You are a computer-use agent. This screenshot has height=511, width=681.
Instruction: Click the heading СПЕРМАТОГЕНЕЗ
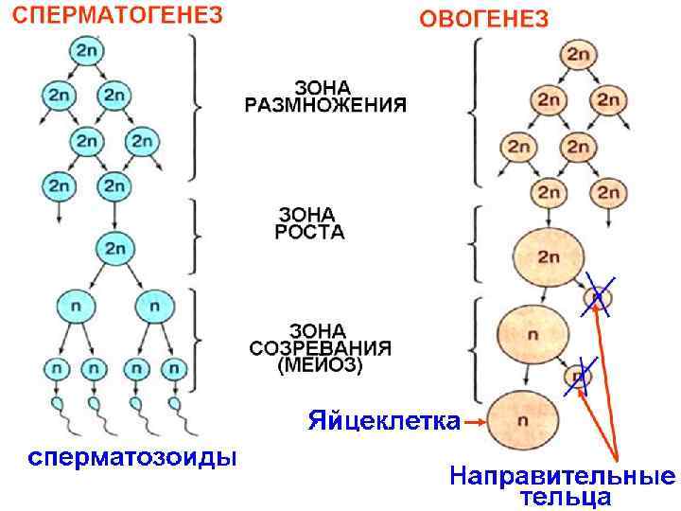pos(114,17)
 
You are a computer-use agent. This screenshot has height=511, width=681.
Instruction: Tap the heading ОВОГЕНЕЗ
pos(483,19)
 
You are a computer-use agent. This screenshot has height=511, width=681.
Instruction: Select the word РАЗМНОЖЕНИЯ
pos(326,104)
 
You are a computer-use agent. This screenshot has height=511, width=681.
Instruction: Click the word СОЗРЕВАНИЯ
pos(321,347)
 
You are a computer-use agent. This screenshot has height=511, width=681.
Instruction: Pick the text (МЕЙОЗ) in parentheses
pos(320,366)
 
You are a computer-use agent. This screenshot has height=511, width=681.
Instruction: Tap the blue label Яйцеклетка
pos(382,420)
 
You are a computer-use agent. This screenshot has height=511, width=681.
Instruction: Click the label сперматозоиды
pos(131,458)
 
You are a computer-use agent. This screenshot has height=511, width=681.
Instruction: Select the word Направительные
pos(562,475)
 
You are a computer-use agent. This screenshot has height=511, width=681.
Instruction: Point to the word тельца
pos(565,495)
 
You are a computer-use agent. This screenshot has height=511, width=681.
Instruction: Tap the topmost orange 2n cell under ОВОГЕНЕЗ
pos(577,55)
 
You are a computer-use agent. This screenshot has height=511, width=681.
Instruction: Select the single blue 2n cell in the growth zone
pos(114,249)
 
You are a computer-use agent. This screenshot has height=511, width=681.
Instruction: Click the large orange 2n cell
pos(548,256)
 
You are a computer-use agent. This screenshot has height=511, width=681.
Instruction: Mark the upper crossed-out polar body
pos(597,298)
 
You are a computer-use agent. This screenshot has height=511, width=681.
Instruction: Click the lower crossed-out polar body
pos(577,377)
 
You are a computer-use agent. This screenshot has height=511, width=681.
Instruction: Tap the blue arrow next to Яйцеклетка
pos(477,420)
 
